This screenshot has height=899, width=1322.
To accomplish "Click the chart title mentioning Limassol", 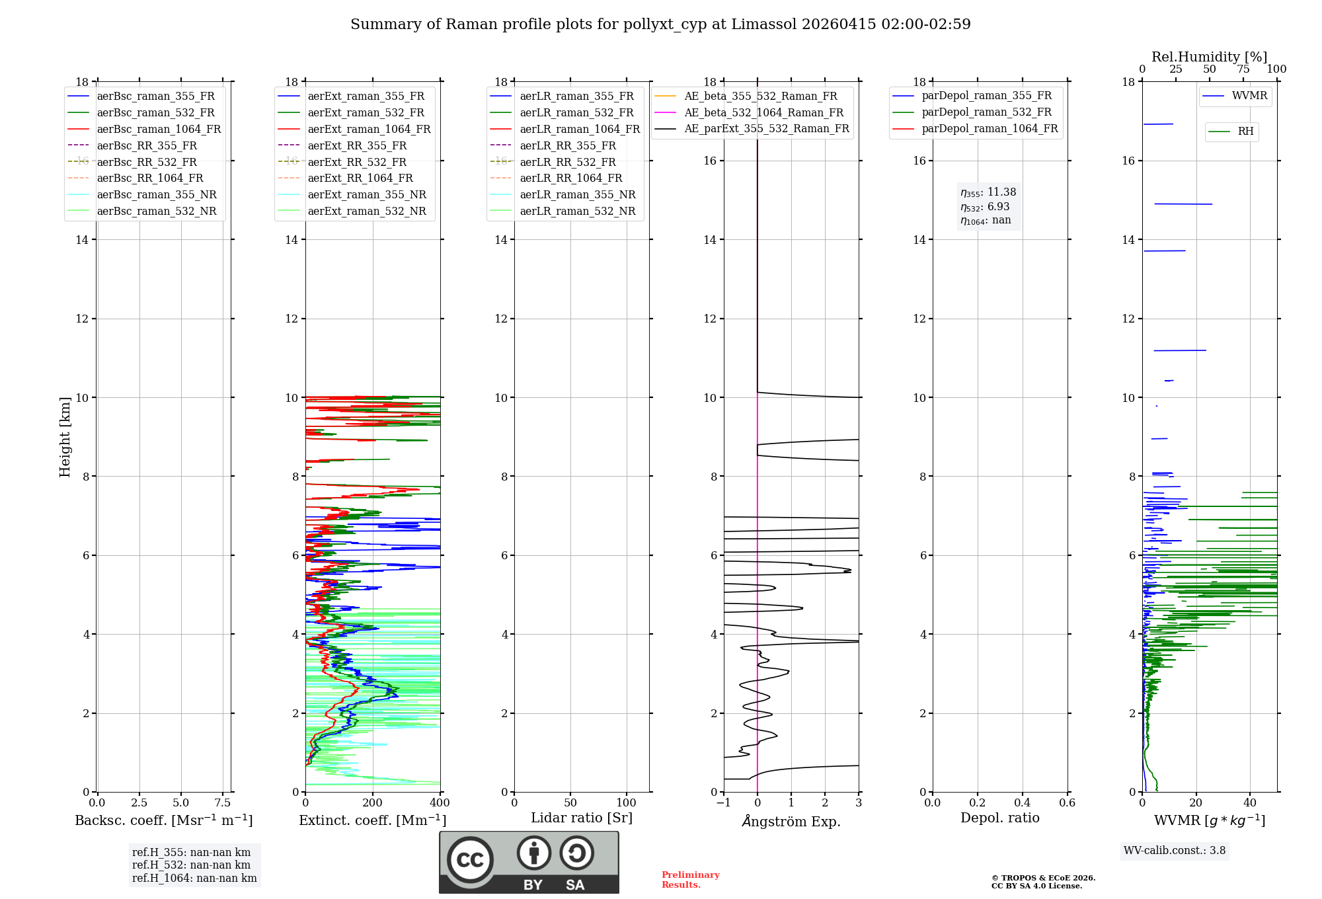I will pyautogui.click(x=660, y=24).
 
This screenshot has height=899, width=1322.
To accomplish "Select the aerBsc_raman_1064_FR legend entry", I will pyautogui.click(x=159, y=129).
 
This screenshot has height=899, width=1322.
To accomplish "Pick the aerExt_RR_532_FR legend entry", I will pyautogui.click(x=357, y=162).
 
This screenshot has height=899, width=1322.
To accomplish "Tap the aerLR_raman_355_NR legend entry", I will pyautogui.click(x=577, y=194).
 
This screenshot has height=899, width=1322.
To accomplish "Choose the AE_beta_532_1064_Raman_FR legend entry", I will pyautogui.click(x=763, y=112).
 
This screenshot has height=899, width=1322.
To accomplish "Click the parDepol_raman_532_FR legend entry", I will pyautogui.click(x=986, y=112).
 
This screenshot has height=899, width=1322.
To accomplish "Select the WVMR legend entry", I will pyautogui.click(x=1249, y=96).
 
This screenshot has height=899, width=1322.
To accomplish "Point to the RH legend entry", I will pyautogui.click(x=1245, y=132).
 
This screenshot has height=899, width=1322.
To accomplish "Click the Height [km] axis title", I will pyautogui.click(x=65, y=437).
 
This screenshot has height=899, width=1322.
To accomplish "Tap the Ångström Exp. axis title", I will pyautogui.click(x=791, y=822).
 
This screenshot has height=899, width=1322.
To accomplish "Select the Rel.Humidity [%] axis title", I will pyautogui.click(x=1209, y=57).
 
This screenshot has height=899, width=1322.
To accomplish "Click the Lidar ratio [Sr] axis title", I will pyautogui.click(x=582, y=818).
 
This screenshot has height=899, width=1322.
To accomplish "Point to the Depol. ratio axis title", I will pyautogui.click(x=999, y=818).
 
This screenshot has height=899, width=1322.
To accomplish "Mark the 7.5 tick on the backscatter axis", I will pyautogui.click(x=223, y=803).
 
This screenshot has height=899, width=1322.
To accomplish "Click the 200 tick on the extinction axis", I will pyautogui.click(x=373, y=803).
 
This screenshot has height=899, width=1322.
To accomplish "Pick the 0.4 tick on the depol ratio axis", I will pyautogui.click(x=1022, y=803).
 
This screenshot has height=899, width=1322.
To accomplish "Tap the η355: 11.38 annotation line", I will pyautogui.click(x=988, y=192).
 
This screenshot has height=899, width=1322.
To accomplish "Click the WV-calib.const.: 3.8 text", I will pyautogui.click(x=1175, y=851).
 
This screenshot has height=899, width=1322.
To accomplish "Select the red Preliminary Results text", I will pyautogui.click(x=690, y=880).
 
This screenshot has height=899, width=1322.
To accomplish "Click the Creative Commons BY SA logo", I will pyautogui.click(x=529, y=862).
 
